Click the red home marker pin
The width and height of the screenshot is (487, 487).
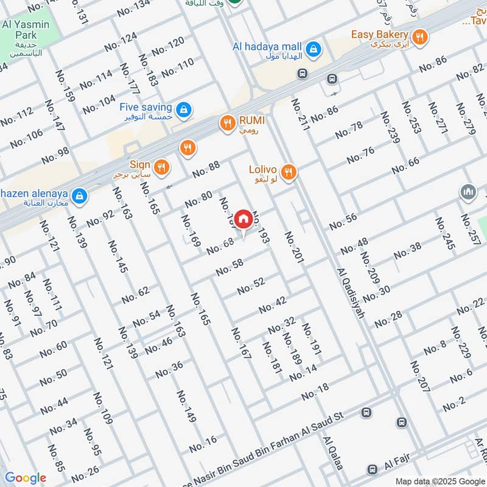(243, 219)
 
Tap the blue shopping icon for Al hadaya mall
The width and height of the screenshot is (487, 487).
(313, 47)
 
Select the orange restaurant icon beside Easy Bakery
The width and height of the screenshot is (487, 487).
(419, 37)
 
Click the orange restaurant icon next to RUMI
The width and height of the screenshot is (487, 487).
(228, 123)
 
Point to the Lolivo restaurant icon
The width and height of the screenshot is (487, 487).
(289, 172)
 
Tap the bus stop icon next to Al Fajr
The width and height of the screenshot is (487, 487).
(372, 469)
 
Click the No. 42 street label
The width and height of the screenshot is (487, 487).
(272, 305)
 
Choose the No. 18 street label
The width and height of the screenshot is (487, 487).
(315, 391)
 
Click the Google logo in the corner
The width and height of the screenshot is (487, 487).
(26, 478)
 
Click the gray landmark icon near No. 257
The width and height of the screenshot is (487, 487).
(468, 193)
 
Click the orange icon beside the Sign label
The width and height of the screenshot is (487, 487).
(161, 167)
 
